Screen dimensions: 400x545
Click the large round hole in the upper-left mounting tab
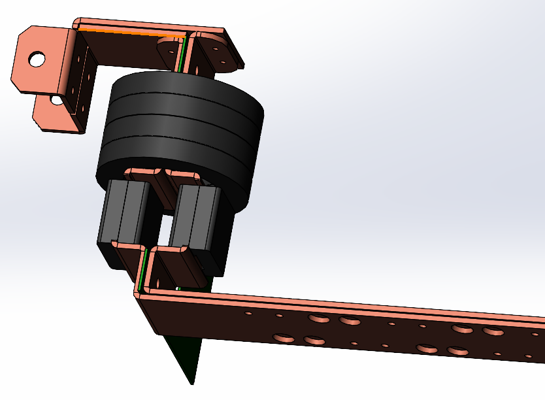click(37, 59)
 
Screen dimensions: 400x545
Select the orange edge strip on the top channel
click(131, 31)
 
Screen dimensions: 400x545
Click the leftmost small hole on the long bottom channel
click(248, 313)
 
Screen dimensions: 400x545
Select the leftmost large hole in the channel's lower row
click(285, 338)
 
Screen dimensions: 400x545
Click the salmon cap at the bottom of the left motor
click(128, 246)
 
